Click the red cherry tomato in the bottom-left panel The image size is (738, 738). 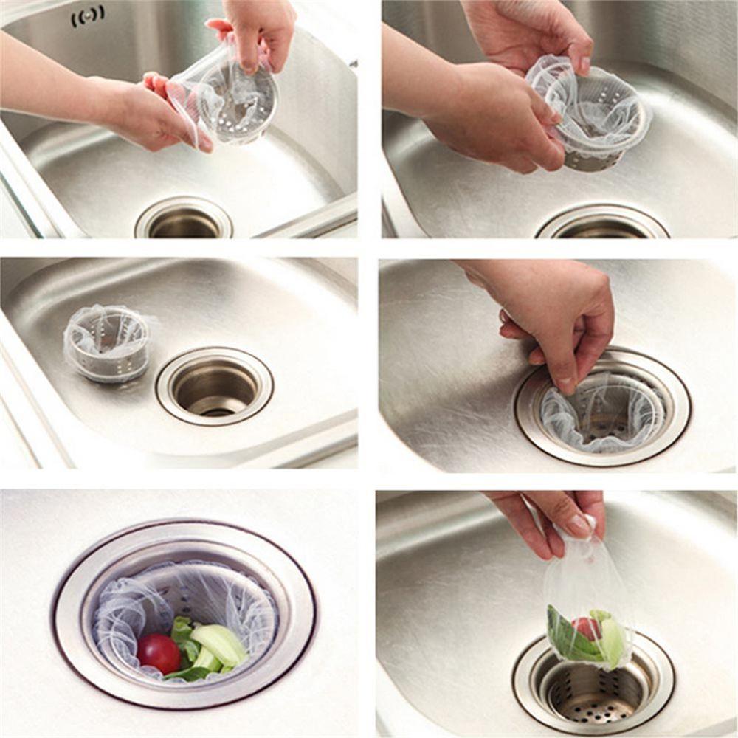pos(158,652)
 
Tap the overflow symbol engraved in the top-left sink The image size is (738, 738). pos(87,15)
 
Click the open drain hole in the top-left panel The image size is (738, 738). pos(184,222)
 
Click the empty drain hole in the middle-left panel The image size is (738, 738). pos(215,387)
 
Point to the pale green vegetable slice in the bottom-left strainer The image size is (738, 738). pos(220,645)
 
